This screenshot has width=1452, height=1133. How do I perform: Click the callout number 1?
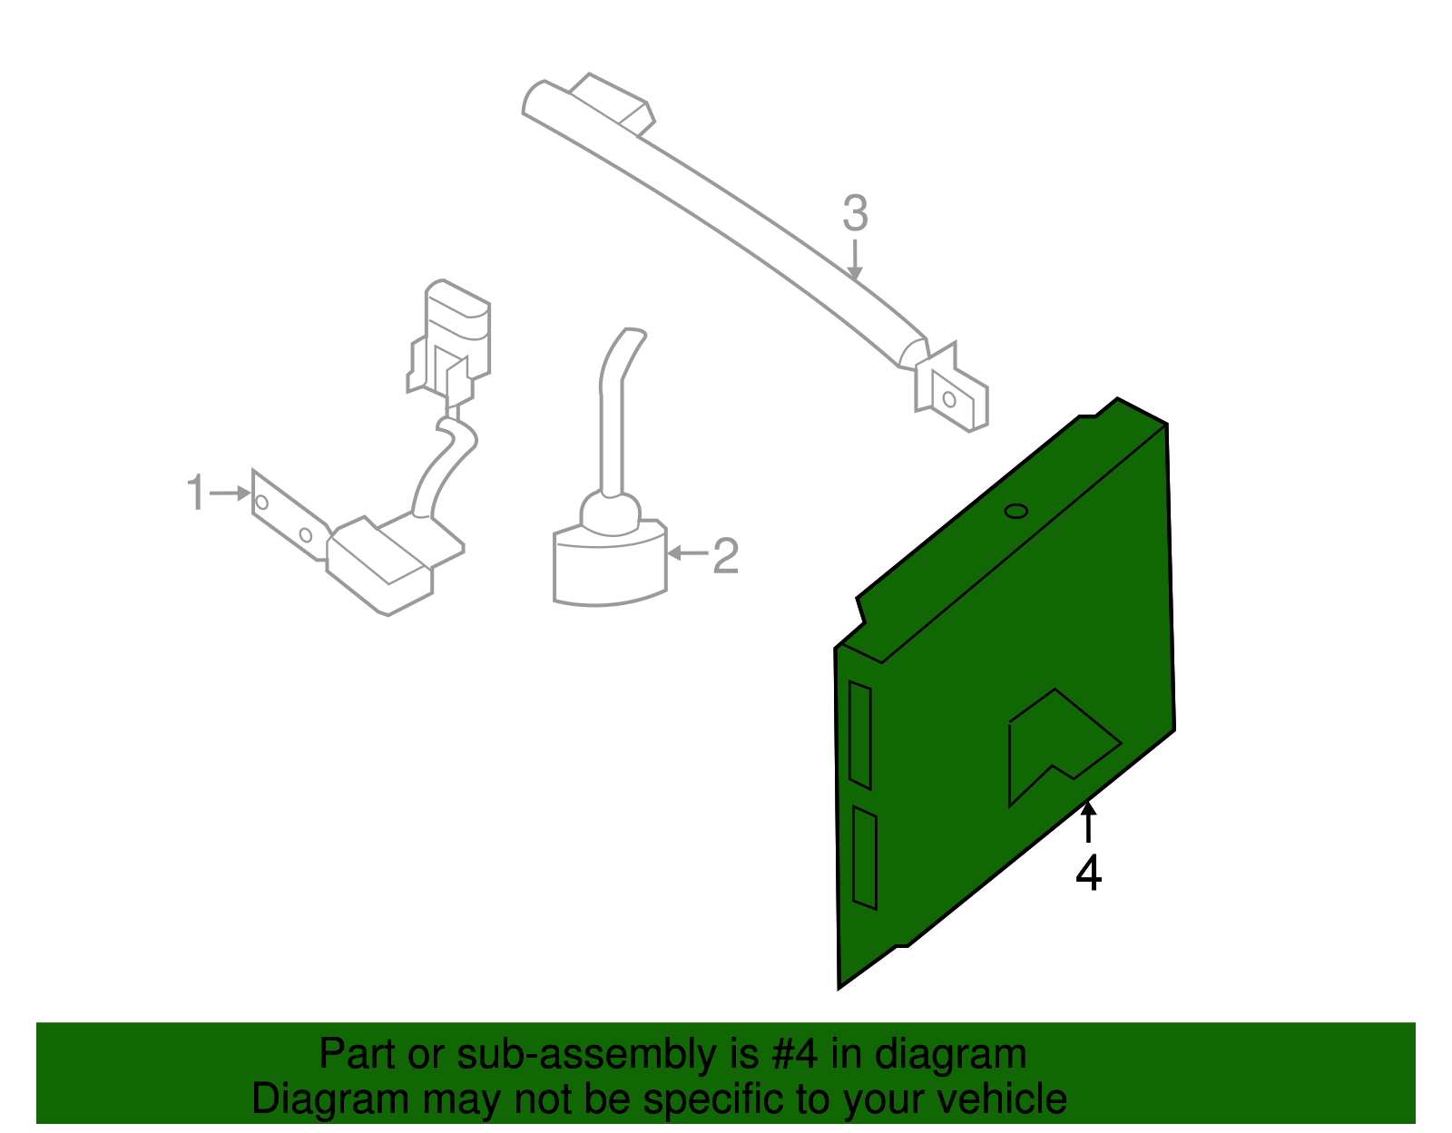click(x=196, y=492)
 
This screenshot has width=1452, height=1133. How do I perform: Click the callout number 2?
click(x=726, y=555)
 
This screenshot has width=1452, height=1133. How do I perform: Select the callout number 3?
click(x=855, y=213)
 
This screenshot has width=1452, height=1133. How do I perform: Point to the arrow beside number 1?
click(x=231, y=493)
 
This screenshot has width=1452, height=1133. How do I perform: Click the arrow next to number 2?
click(x=688, y=552)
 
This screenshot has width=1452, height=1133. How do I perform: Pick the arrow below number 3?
click(x=855, y=259)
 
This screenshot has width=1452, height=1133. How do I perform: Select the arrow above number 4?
click(x=1088, y=822)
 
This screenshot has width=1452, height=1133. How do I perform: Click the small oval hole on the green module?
click(x=1016, y=512)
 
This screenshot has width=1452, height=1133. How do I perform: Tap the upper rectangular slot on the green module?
click(x=860, y=735)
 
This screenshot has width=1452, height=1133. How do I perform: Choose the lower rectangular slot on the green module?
click(x=865, y=858)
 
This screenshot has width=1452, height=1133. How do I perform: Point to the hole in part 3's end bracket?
click(x=949, y=399)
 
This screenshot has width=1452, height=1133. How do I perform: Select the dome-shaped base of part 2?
click(x=610, y=562)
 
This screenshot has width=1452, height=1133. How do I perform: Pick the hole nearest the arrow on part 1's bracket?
click(x=262, y=503)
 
